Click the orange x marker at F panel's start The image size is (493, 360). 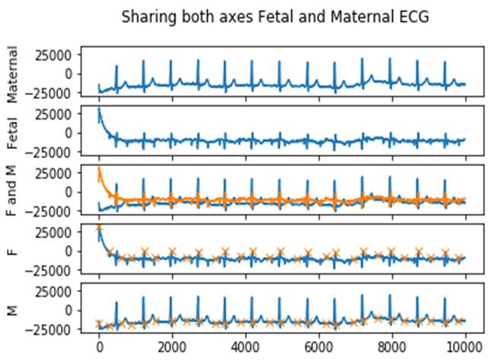click(x=99, y=228)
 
